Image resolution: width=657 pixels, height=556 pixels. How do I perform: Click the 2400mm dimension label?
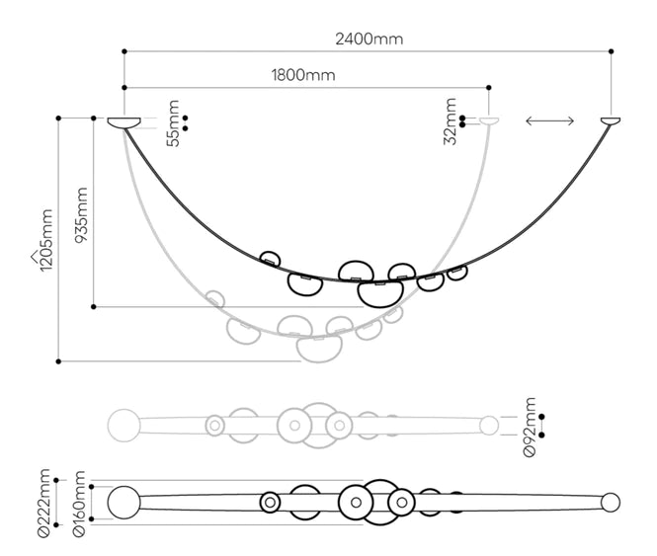[x=369, y=40]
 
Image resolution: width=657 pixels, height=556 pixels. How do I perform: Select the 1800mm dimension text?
[x=302, y=75]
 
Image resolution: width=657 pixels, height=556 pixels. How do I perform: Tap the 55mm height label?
[x=174, y=123]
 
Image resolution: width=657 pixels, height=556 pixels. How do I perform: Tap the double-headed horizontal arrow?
[x=550, y=120]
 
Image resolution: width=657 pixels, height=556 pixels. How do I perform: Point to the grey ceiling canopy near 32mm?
[x=490, y=119]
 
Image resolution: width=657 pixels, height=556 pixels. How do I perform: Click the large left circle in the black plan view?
[x=124, y=502]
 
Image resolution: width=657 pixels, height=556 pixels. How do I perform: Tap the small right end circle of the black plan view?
[x=611, y=502]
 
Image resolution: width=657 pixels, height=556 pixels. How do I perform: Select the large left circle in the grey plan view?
[x=124, y=425]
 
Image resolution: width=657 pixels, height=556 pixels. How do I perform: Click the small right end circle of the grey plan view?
[x=489, y=425]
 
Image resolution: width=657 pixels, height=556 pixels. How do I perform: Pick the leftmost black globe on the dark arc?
[x=271, y=259]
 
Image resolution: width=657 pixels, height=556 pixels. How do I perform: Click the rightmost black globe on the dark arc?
[x=456, y=272]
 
